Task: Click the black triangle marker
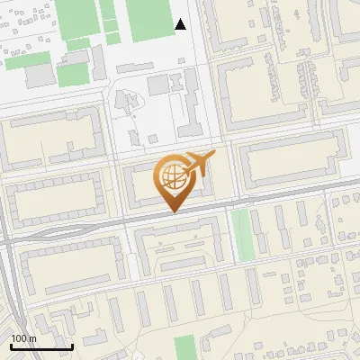point(181,24)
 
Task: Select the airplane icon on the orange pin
point(199,165)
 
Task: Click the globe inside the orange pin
point(172,176)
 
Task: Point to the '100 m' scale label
point(23,338)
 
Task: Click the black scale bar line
point(41,346)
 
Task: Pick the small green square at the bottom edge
point(184,347)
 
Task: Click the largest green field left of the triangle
point(148,20)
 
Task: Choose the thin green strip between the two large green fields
point(109,20)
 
